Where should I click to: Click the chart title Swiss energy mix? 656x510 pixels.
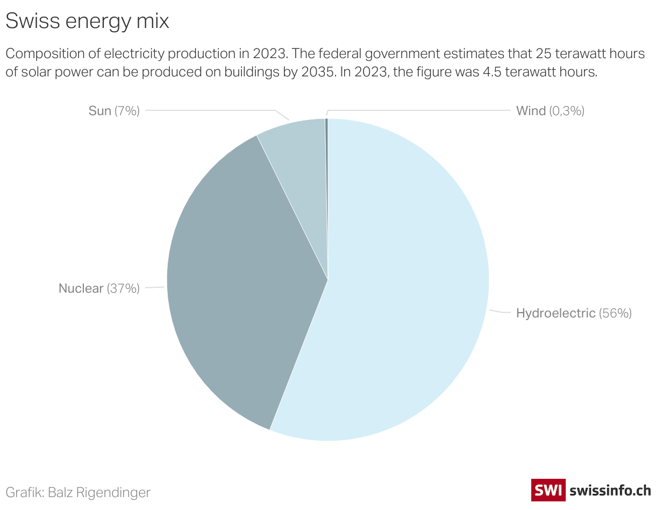coord(87,22)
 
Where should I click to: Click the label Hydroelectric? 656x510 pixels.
coord(555,313)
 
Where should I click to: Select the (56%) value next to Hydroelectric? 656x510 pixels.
coord(615,313)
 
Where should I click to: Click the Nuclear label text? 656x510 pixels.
coord(81,288)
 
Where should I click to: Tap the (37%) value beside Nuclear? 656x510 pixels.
coord(123,288)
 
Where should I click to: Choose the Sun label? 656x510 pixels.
coord(100,111)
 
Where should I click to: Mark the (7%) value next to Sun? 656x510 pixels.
coord(127,111)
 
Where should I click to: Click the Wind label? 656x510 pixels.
coord(531,111)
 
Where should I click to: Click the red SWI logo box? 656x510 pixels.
coord(548,490)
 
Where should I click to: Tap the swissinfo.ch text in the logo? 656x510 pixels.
coord(610,490)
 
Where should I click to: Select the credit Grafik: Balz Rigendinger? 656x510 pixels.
coord(78,492)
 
